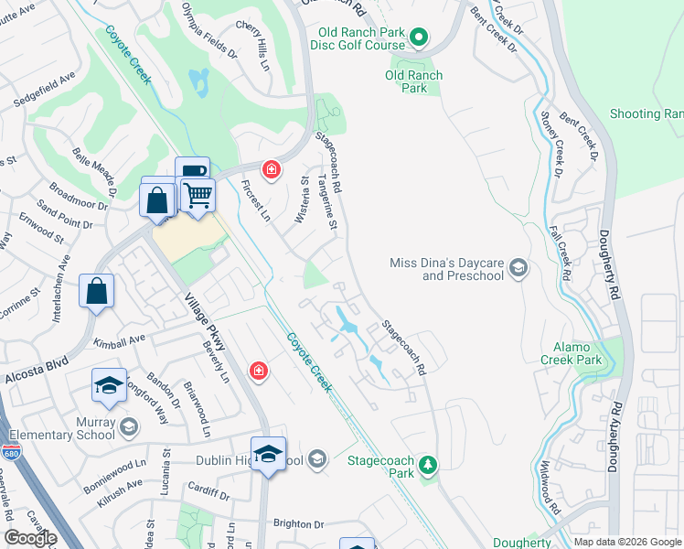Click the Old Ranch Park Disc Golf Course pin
tap(419, 38)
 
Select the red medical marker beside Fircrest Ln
tap(271, 169)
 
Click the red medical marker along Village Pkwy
tap(259, 371)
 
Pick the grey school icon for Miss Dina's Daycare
tap(518, 267)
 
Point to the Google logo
tap(30, 538)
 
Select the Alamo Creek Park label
tap(590, 354)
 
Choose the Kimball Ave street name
tap(119, 340)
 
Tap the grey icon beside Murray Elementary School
tap(129, 426)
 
